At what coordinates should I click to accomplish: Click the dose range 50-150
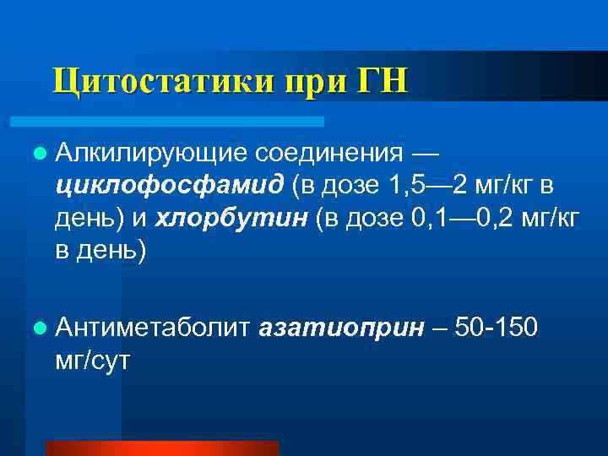(495, 327)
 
